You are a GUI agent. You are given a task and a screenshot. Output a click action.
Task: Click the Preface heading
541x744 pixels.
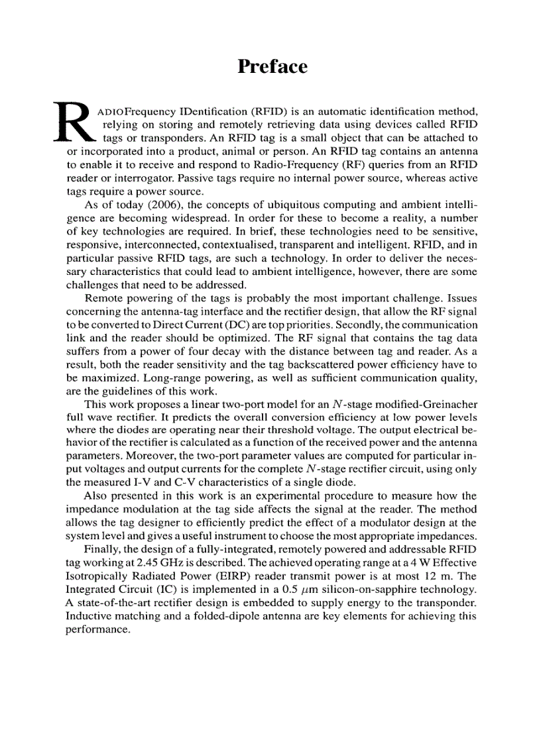pos(272,67)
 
